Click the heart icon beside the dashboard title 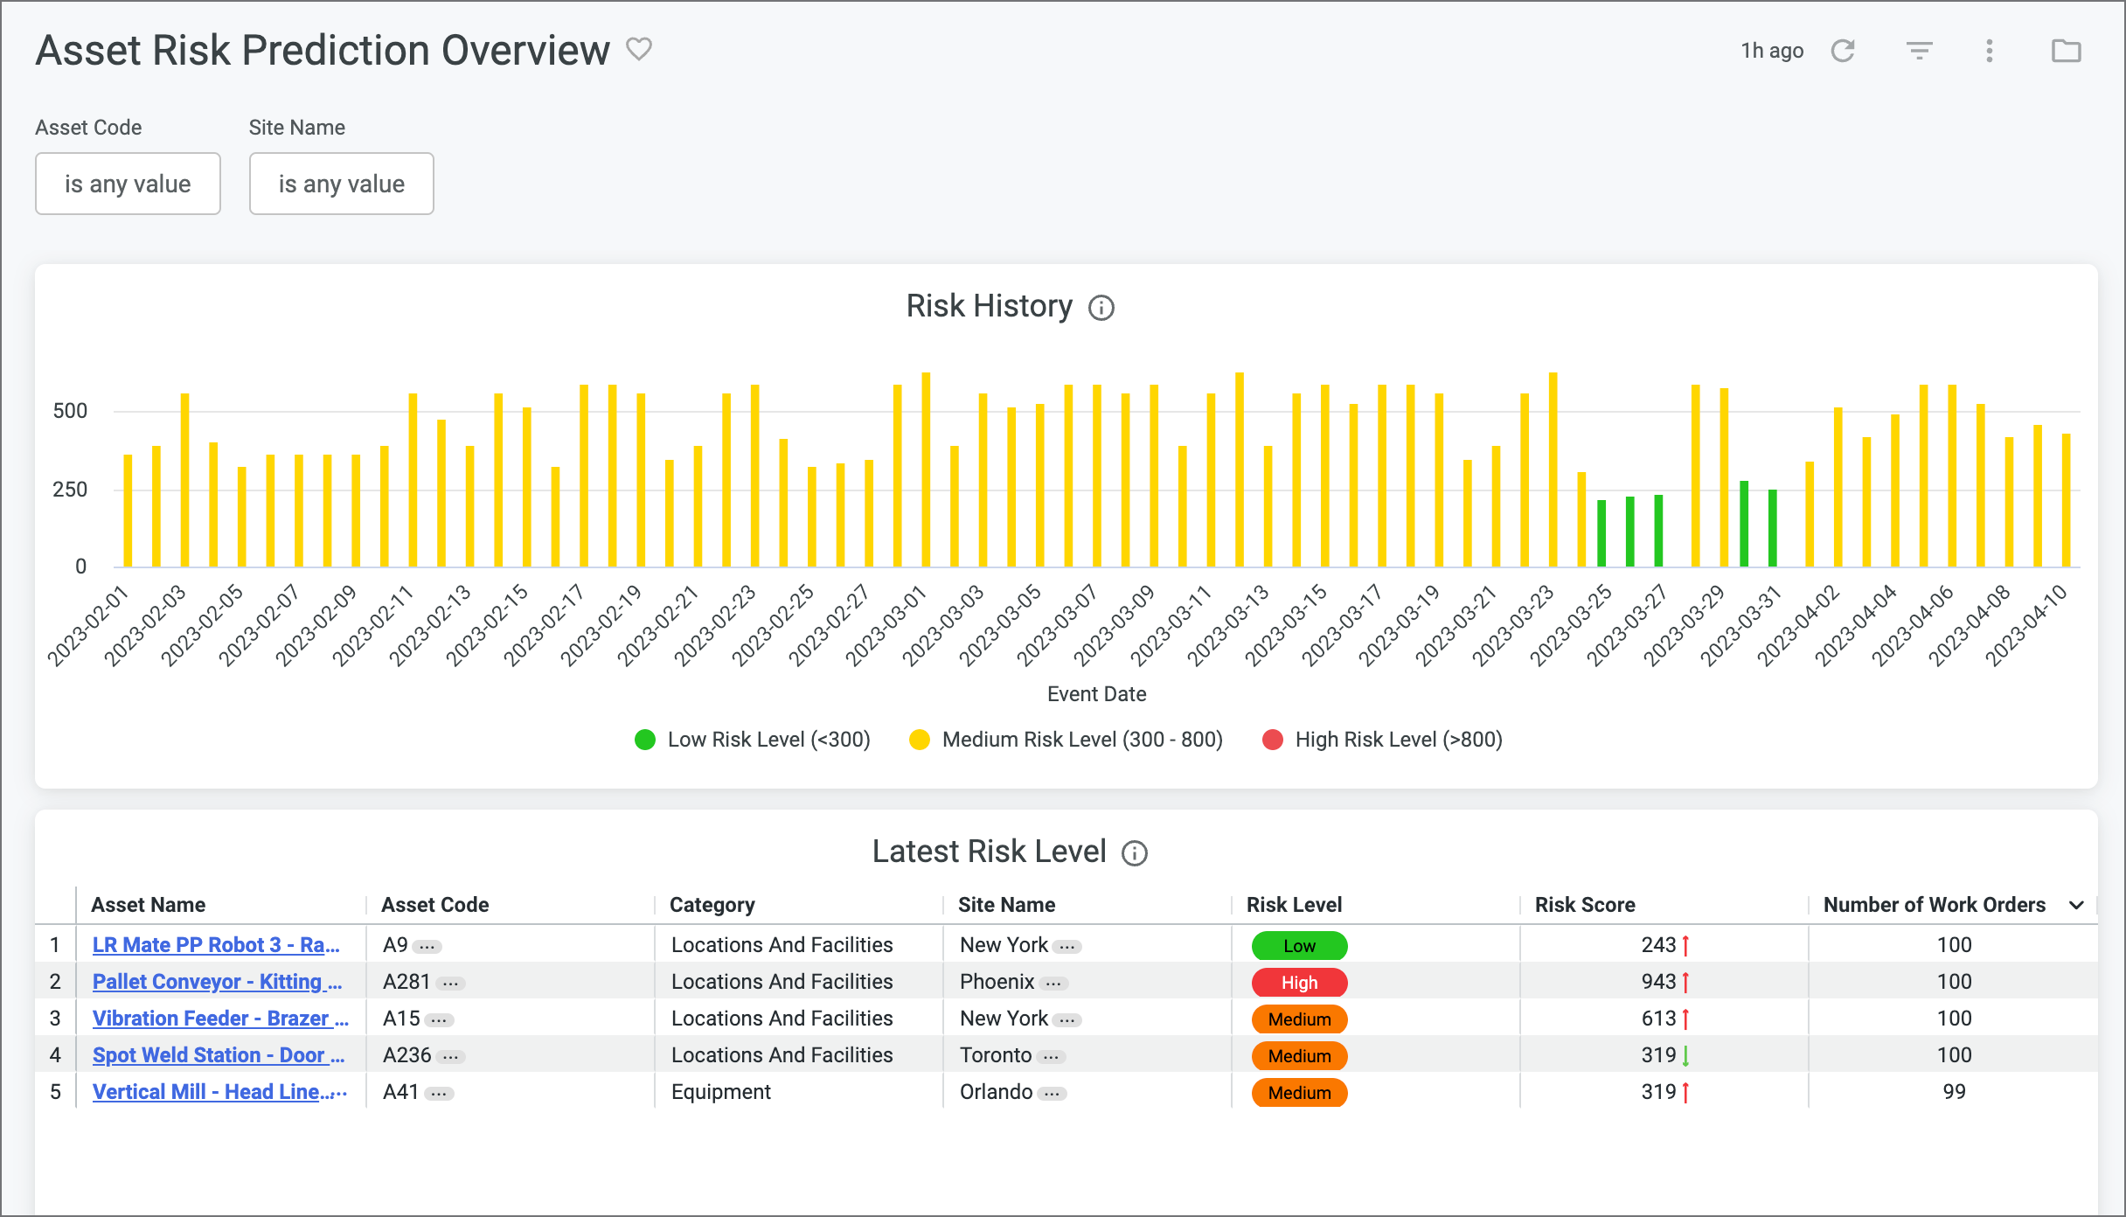(x=639, y=49)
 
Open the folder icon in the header (x=2066, y=51)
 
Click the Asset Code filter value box (x=128, y=184)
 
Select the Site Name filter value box (x=341, y=184)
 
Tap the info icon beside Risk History (x=1101, y=308)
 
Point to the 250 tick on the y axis (x=70, y=490)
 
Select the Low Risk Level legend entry (x=753, y=740)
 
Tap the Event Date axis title (x=1096, y=694)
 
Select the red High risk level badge (x=1299, y=983)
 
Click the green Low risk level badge (x=1299, y=946)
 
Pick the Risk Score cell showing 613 (x=1658, y=1019)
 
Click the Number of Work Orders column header (x=1934, y=905)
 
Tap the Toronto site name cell (x=996, y=1055)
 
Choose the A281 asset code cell (x=406, y=982)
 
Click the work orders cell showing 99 (x=1954, y=1092)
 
